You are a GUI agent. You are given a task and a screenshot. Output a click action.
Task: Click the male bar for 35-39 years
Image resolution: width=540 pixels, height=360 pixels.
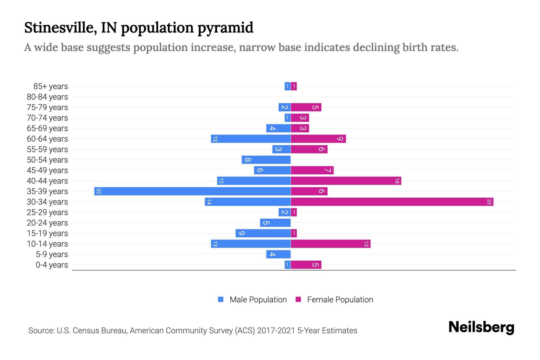[x=192, y=191]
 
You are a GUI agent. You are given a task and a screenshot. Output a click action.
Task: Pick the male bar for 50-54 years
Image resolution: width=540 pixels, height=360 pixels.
[x=266, y=160]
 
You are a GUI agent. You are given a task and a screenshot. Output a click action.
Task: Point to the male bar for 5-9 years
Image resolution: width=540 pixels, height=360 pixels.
[x=278, y=254]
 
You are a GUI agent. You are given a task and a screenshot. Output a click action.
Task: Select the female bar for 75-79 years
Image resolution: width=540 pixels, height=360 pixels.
[x=306, y=107]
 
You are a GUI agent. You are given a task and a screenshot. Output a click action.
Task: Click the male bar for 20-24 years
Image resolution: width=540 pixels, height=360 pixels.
[x=275, y=223]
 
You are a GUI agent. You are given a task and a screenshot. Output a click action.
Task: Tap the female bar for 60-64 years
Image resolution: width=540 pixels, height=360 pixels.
[x=318, y=139]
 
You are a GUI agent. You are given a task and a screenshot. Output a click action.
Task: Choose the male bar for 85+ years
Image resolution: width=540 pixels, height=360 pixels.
[x=287, y=86]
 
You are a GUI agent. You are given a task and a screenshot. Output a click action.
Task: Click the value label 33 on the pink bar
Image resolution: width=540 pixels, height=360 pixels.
[x=489, y=202]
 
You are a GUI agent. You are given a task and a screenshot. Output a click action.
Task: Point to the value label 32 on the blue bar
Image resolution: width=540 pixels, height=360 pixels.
[x=99, y=191]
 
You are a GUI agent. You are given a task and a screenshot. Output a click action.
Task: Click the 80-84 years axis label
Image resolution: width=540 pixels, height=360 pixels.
[x=47, y=97]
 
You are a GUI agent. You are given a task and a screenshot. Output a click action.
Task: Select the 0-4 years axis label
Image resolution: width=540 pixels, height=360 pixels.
[x=52, y=265]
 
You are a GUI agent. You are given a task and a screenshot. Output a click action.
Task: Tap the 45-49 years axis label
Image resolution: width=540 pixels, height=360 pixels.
[x=47, y=170]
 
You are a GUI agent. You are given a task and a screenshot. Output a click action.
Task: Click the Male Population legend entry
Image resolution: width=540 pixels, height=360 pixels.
[x=258, y=300]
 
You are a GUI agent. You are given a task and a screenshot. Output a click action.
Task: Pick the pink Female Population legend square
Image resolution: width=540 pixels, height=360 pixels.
[x=298, y=299]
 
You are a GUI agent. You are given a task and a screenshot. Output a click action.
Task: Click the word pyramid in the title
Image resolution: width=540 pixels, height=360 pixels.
[x=225, y=28]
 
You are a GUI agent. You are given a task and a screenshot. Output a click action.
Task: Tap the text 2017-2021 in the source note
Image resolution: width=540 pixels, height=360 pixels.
[x=276, y=331]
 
